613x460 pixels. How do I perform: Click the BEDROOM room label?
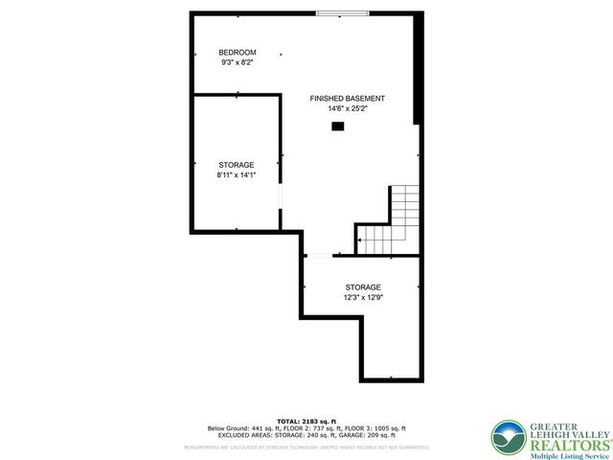point(237,52)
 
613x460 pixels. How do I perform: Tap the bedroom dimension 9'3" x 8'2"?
point(237,62)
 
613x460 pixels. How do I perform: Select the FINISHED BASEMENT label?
point(348,99)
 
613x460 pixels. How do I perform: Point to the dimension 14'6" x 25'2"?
point(348,109)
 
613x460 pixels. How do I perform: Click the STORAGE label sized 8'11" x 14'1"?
point(236,165)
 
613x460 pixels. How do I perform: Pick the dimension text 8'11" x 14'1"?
point(236,175)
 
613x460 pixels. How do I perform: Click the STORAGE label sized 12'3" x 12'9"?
point(363,287)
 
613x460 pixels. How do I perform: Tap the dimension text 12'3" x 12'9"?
point(363,297)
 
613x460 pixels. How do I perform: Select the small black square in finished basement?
point(337,125)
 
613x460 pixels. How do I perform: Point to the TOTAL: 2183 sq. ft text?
point(306,422)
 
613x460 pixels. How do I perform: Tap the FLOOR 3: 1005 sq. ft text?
point(375,428)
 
